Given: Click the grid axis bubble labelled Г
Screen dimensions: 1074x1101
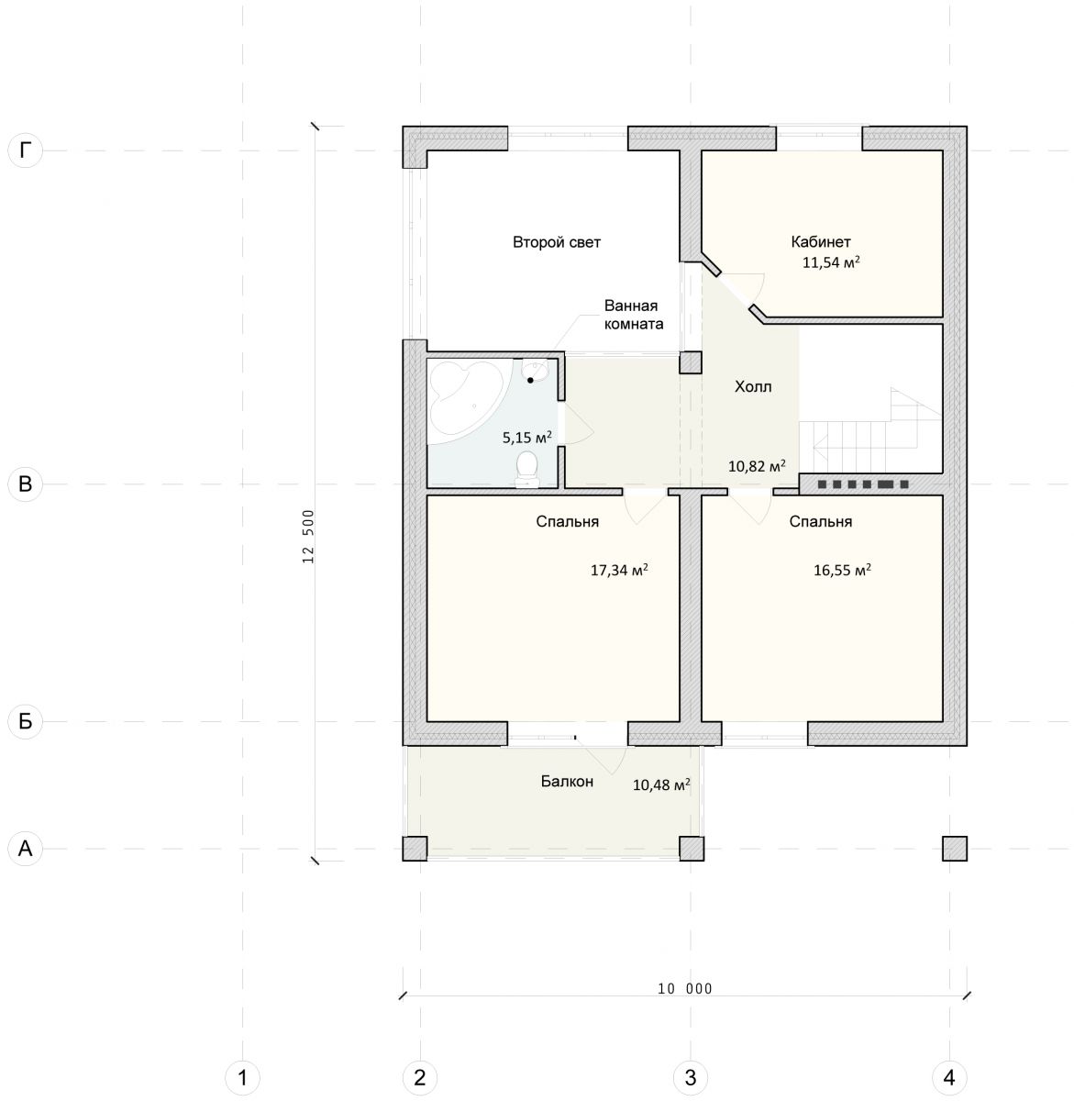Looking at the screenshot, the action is coord(25,150).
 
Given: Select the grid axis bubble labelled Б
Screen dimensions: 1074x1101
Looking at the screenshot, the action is coord(25,721).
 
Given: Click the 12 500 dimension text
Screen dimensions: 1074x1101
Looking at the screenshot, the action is coord(308,537).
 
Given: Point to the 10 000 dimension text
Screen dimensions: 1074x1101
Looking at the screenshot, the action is coord(684,988).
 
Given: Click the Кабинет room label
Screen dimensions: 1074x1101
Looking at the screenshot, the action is coord(821,242).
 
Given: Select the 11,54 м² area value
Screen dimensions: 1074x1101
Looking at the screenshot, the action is coord(831,262).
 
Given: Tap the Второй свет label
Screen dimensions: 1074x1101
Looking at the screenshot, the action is coord(557,242).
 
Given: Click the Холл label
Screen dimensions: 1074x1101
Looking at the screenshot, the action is coord(753,387).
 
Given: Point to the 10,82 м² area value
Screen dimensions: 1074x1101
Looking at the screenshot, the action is coord(757,466).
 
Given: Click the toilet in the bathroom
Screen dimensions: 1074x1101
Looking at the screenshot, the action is coord(526,469).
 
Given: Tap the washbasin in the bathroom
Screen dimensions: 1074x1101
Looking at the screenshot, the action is coord(534,371).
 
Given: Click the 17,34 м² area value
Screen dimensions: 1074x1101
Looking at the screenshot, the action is coord(619,570).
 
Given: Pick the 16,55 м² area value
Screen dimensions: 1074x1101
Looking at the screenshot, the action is coord(842,570).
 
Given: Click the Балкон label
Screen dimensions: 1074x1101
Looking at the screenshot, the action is coord(567,782).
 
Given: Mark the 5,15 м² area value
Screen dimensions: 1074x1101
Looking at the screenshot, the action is coord(527,438).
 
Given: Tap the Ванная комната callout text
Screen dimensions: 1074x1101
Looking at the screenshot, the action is coord(634,315).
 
